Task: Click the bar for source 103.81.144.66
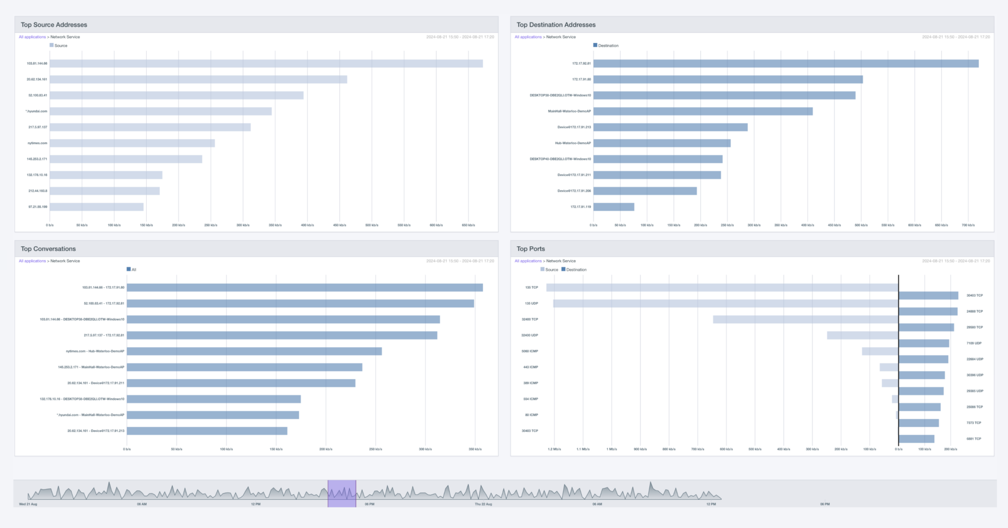[x=266, y=64]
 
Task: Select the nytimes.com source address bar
[x=132, y=143]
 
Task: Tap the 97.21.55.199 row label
[x=37, y=207]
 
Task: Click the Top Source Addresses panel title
[x=54, y=25]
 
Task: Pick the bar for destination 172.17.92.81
[x=785, y=64]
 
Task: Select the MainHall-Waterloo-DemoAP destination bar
[x=703, y=111]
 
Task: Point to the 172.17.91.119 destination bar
[x=614, y=207]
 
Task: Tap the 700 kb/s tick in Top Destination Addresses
[x=967, y=225]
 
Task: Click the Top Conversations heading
[x=48, y=249]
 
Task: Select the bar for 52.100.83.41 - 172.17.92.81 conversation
[x=300, y=304]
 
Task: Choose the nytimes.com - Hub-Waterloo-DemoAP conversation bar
[x=254, y=351]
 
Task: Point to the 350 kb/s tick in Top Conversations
[x=475, y=449]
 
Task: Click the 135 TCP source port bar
[x=722, y=288]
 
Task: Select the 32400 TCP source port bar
[x=805, y=320]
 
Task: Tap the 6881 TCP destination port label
[x=974, y=439]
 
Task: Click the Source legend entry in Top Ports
[x=549, y=269]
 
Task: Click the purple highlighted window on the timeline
[x=342, y=494]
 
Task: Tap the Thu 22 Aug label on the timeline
[x=483, y=504]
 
